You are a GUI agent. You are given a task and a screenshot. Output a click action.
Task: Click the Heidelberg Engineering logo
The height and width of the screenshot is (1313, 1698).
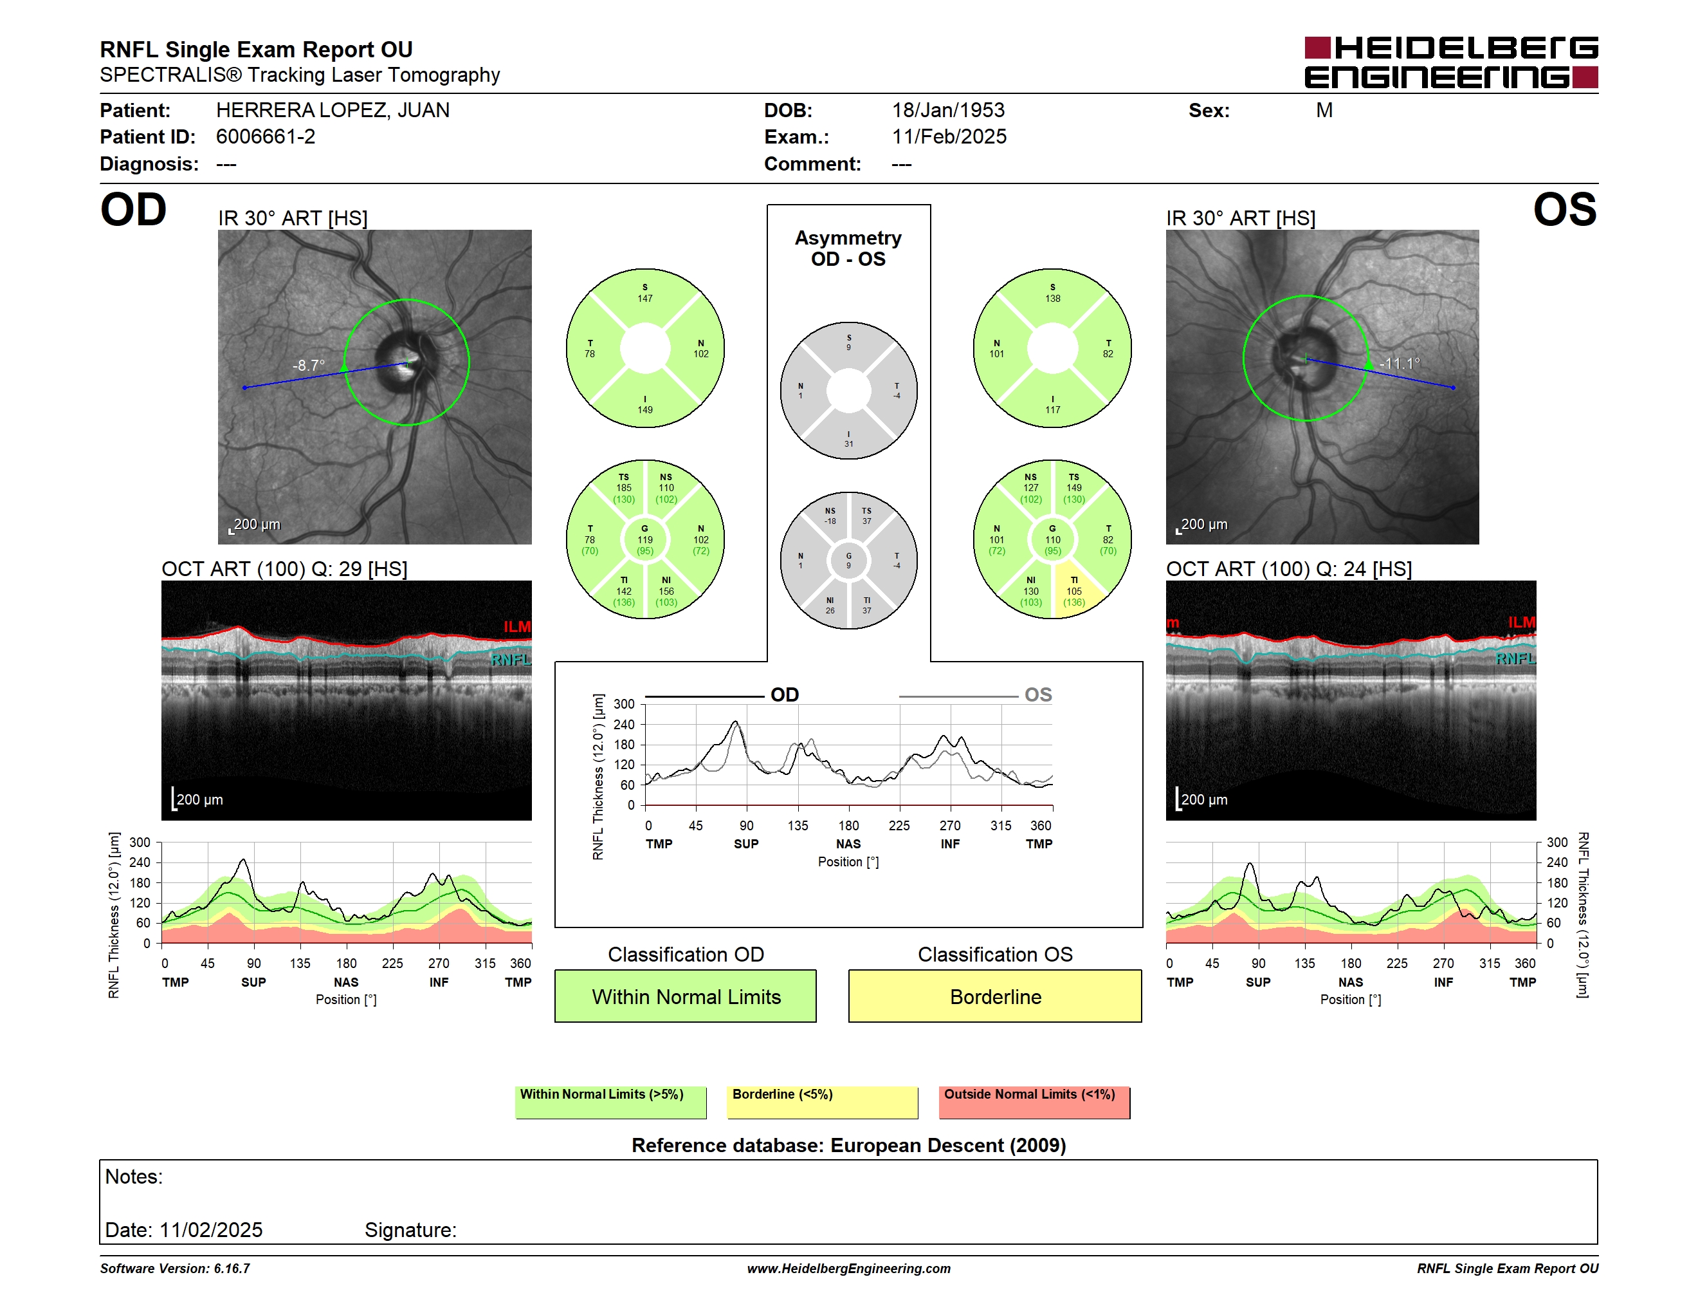[x=1451, y=62]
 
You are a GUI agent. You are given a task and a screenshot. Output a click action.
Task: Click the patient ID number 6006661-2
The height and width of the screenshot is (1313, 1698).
[x=265, y=137]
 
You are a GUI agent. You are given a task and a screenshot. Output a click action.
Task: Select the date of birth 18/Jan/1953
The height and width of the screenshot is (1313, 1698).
[x=948, y=111]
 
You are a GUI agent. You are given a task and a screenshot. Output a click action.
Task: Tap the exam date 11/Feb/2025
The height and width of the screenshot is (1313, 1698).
[x=949, y=137]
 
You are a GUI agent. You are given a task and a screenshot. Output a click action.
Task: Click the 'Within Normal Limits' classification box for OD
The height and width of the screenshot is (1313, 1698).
[x=685, y=996]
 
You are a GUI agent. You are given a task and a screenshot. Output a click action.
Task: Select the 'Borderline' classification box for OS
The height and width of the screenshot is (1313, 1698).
[x=995, y=996]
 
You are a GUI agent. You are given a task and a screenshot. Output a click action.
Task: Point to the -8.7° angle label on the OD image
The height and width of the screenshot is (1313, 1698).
[x=309, y=366]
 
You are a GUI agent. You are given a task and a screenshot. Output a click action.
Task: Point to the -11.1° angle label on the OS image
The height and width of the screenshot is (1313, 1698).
[x=1400, y=363]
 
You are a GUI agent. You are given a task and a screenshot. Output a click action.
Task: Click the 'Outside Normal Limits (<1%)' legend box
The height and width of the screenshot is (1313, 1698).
[x=1034, y=1102]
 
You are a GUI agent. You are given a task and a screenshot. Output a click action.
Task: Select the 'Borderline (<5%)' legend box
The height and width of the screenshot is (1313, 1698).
[x=822, y=1102]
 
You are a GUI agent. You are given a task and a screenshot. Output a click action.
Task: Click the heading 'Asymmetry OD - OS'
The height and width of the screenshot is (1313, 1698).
[x=848, y=248]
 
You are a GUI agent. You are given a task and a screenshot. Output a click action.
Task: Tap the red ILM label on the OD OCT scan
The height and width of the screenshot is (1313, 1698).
[x=517, y=627]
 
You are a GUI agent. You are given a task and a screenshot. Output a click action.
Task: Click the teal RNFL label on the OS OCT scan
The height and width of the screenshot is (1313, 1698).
[x=1515, y=659]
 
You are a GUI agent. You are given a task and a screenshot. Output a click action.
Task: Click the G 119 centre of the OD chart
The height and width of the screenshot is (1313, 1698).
[x=645, y=540]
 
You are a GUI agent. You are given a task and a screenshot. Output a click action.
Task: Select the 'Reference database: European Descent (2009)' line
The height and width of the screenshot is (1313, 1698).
[x=848, y=1145]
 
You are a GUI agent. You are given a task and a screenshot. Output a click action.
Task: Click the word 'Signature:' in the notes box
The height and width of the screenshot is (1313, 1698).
[x=410, y=1230]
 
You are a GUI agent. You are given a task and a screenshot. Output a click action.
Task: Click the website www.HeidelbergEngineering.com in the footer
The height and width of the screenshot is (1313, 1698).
[x=848, y=1269]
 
